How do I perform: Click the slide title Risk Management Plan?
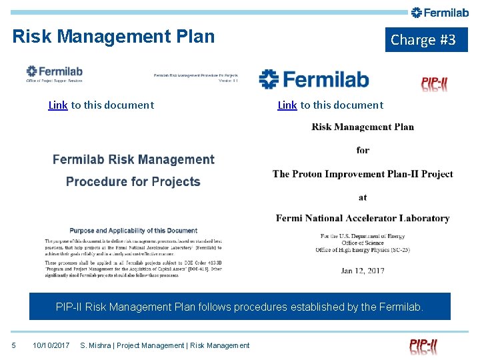(x=113, y=36)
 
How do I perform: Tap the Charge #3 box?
(x=423, y=40)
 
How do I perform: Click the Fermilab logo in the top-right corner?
(x=440, y=12)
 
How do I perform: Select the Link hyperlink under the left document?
(x=58, y=105)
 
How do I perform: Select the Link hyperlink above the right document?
(x=287, y=105)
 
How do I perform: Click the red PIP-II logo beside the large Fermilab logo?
(x=435, y=83)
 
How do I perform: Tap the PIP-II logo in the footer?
(x=424, y=345)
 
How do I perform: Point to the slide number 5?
(x=13, y=345)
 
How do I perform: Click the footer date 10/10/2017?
(x=51, y=345)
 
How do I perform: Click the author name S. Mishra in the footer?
(x=94, y=345)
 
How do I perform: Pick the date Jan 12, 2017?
(x=363, y=271)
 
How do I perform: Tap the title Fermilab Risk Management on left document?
(x=133, y=159)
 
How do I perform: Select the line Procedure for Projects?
(x=133, y=181)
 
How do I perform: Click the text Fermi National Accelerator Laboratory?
(x=363, y=218)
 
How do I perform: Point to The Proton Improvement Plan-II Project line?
(x=363, y=174)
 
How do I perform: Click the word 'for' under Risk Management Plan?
(x=363, y=150)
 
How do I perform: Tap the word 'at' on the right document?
(x=363, y=197)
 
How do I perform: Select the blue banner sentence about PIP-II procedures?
(x=240, y=307)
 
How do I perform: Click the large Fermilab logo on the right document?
(x=314, y=79)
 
